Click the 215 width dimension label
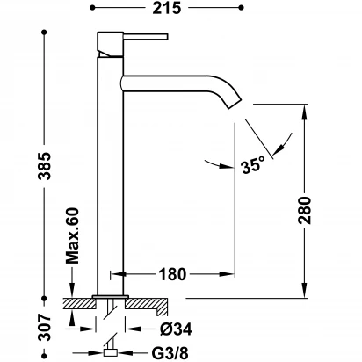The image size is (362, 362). (x=167, y=8)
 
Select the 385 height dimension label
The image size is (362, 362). (x=46, y=166)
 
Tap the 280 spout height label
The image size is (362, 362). (x=305, y=211)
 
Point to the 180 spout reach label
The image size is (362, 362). (x=172, y=274)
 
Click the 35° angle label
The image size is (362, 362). (x=253, y=164)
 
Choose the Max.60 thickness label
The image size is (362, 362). (x=72, y=235)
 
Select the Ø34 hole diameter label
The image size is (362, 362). (x=176, y=329)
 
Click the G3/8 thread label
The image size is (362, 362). (x=170, y=353)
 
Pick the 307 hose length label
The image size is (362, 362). (x=45, y=328)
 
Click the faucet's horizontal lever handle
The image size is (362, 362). (x=146, y=37)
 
